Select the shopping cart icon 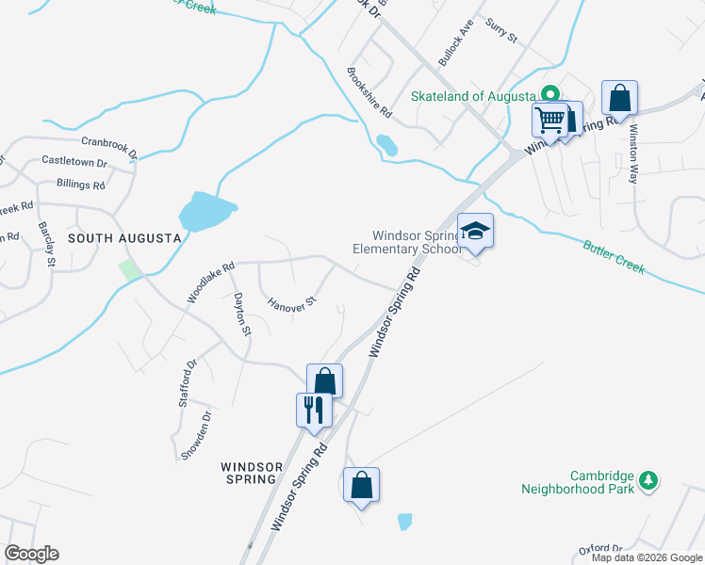coord(549,120)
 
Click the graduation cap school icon coord(475,232)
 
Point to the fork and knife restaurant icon coord(313,410)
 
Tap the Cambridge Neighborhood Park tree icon coord(648,480)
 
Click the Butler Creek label coord(614,256)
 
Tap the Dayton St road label coord(242,315)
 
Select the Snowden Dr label coord(195,435)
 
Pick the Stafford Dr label coord(186,382)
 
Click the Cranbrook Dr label coord(109,146)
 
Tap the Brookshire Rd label coord(369,91)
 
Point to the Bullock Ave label coord(456,44)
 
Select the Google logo coord(31,554)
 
